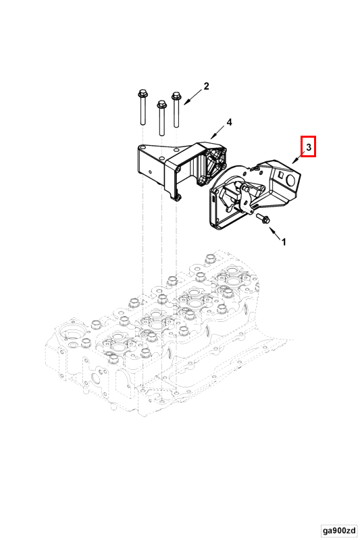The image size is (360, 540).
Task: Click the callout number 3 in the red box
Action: click(x=309, y=147)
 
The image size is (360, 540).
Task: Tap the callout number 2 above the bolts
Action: click(x=206, y=86)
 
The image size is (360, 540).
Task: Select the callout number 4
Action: click(x=230, y=122)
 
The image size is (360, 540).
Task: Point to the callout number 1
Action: click(x=284, y=242)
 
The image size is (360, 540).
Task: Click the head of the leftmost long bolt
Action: click(x=142, y=94)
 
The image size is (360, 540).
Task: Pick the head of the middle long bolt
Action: click(x=161, y=104)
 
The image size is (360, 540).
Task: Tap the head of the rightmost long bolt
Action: click(x=176, y=95)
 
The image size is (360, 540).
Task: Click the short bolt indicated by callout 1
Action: click(x=263, y=218)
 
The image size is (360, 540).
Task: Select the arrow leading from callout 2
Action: click(x=193, y=97)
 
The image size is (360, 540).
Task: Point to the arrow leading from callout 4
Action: click(x=218, y=132)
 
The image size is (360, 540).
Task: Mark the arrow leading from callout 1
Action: click(x=276, y=233)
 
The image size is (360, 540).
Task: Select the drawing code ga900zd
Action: click(x=339, y=530)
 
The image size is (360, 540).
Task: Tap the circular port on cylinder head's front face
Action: click(x=96, y=379)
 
